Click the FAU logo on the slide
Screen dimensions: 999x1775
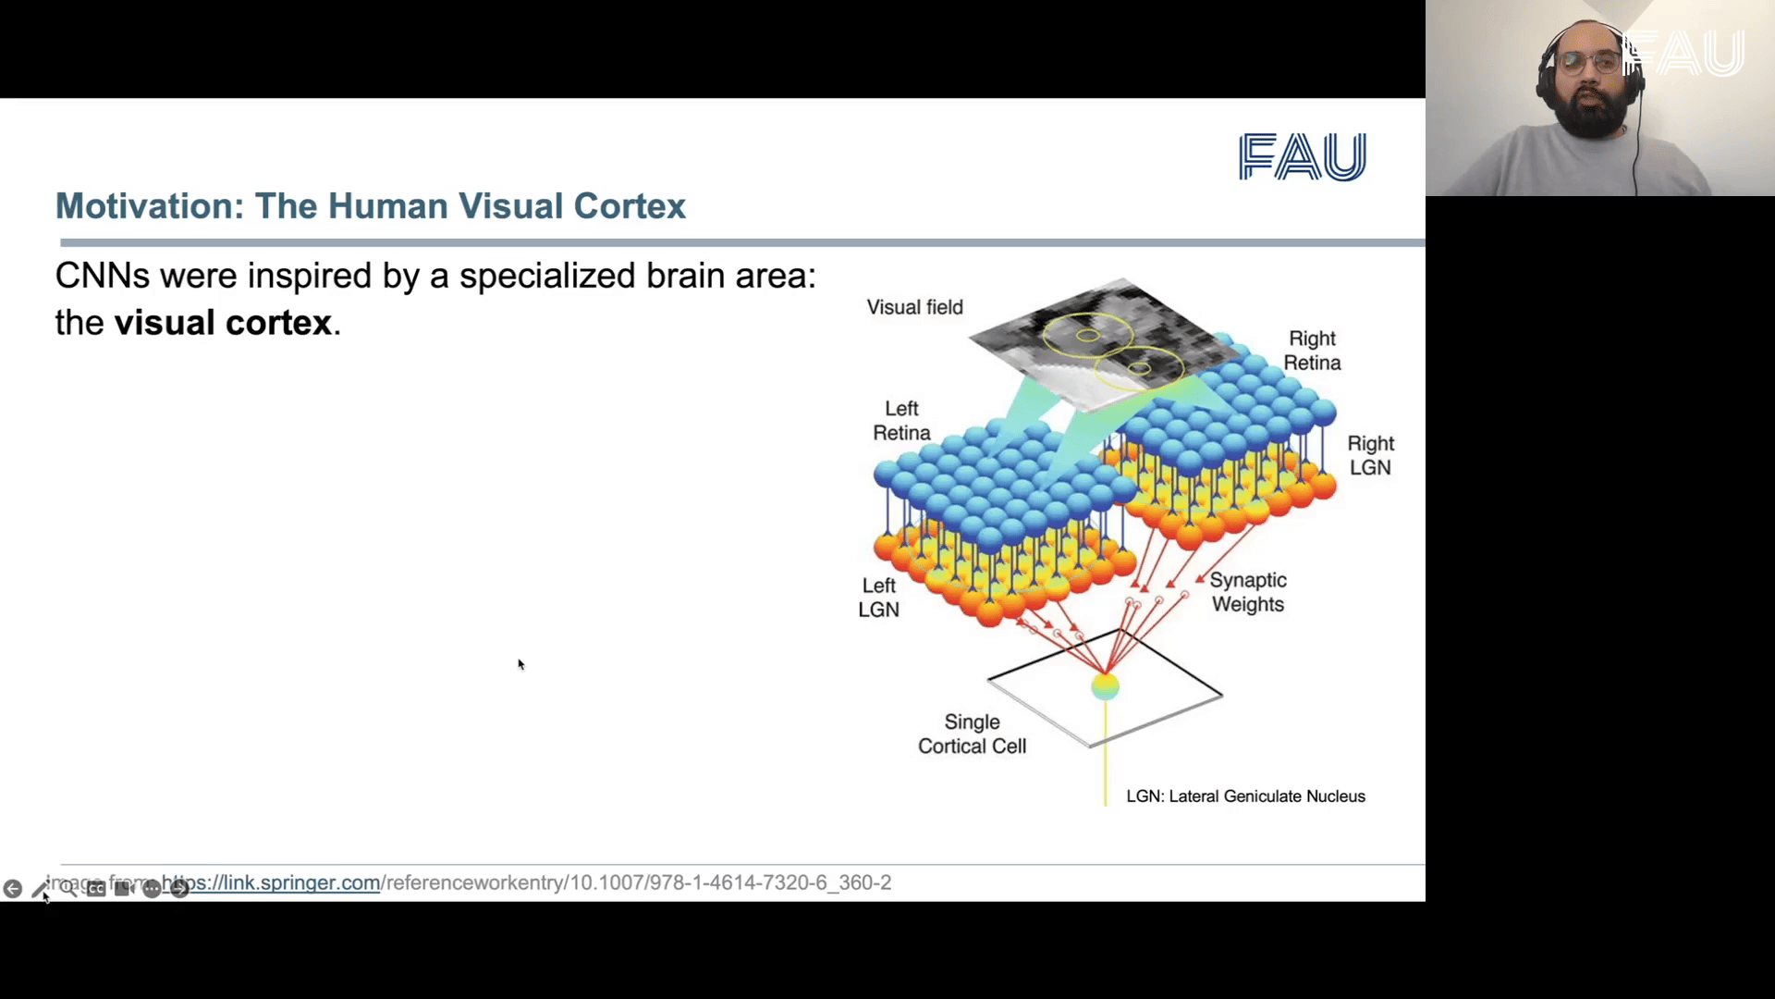1302,156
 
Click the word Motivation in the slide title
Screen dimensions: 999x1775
149,206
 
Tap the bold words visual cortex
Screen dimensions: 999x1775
222,323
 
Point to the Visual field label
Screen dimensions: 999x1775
914,307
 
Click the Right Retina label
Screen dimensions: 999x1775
1312,351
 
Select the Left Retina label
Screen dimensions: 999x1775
901,421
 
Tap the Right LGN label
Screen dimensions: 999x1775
1370,455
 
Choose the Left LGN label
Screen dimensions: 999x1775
878,598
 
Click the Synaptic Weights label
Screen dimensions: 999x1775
1248,592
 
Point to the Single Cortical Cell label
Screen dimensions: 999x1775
972,734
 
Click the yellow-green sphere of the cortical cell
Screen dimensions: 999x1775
1105,686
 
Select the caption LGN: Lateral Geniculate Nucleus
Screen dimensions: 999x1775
1245,796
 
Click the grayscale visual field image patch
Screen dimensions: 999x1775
1100,342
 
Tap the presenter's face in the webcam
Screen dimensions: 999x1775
1590,88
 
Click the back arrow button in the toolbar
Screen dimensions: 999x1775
13,889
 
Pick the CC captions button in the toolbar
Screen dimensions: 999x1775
96,889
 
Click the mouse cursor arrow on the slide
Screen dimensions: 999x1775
520,664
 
